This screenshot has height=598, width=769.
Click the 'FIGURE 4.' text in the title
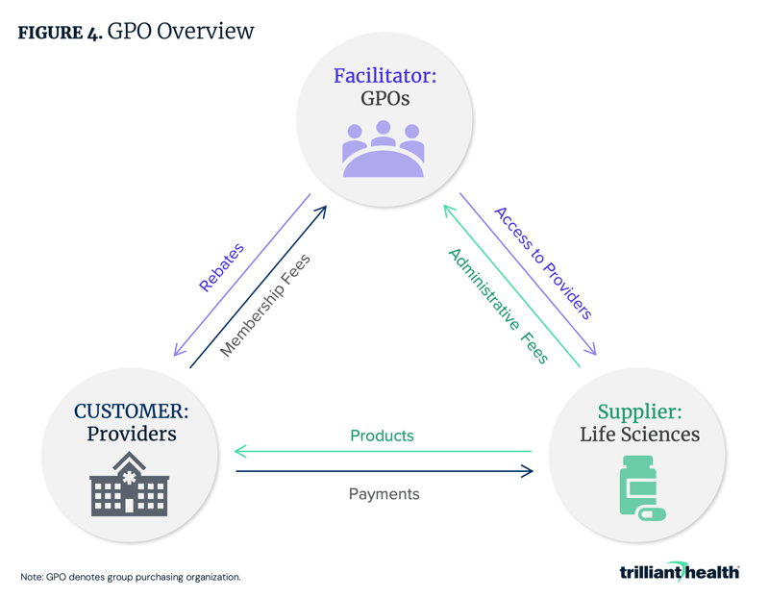tap(60, 33)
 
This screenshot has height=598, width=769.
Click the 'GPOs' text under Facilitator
tap(384, 99)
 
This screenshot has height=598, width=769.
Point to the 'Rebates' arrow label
tap(221, 267)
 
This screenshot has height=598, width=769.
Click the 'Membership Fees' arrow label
tap(265, 306)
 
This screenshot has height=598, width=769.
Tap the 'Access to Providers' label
tap(543, 262)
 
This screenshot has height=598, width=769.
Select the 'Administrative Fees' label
tap(498, 306)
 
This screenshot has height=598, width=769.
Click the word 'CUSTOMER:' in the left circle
tap(131, 411)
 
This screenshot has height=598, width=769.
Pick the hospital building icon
tap(129, 486)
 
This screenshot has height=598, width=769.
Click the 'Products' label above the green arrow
tap(382, 436)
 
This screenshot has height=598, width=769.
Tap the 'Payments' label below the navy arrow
tap(384, 493)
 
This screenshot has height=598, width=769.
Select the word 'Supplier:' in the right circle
tap(639, 411)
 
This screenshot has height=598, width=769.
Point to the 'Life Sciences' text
tap(639, 435)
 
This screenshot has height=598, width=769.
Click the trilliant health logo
tap(679, 572)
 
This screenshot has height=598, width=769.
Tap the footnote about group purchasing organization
tap(130, 577)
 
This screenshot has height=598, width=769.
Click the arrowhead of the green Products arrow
tap(240, 451)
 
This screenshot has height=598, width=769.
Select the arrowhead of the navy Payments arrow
tap(527, 471)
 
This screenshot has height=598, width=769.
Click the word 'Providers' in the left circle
tap(131, 434)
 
